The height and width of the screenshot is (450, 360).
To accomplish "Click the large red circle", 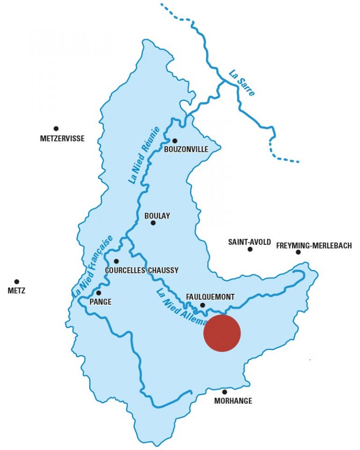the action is pyautogui.click(x=222, y=333).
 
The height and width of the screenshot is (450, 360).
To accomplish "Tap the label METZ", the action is pyautogui.click(x=16, y=291).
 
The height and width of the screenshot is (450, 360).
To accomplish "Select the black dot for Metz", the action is pyautogui.click(x=17, y=282).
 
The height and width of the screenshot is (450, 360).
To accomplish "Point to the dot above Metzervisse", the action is pyautogui.click(x=56, y=128).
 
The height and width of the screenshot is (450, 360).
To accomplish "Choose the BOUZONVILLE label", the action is pyautogui.click(x=186, y=150).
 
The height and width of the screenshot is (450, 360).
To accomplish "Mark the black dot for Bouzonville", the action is pyautogui.click(x=174, y=141).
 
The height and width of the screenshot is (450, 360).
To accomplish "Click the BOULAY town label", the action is pyautogui.click(x=157, y=216).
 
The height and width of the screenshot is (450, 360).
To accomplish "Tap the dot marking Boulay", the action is pyautogui.click(x=153, y=223).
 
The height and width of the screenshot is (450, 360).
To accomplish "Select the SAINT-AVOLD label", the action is pyautogui.click(x=249, y=242).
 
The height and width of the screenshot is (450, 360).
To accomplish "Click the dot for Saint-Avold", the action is pyautogui.click(x=250, y=249).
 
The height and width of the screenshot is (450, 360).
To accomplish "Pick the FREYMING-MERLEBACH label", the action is pyautogui.click(x=314, y=246).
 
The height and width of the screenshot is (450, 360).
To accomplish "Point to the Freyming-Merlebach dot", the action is pyautogui.click(x=298, y=252).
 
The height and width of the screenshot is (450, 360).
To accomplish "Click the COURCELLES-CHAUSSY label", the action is pyautogui.click(x=142, y=270).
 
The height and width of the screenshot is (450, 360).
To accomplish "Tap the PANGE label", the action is pyautogui.click(x=101, y=302).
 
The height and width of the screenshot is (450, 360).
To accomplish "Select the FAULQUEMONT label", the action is pyautogui.click(x=210, y=297).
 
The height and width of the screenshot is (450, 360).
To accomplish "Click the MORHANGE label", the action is pyautogui.click(x=233, y=401).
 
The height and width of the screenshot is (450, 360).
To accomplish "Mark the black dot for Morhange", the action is pyautogui.click(x=225, y=392).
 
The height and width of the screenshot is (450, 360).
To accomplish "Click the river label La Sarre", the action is pyautogui.click(x=242, y=83).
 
